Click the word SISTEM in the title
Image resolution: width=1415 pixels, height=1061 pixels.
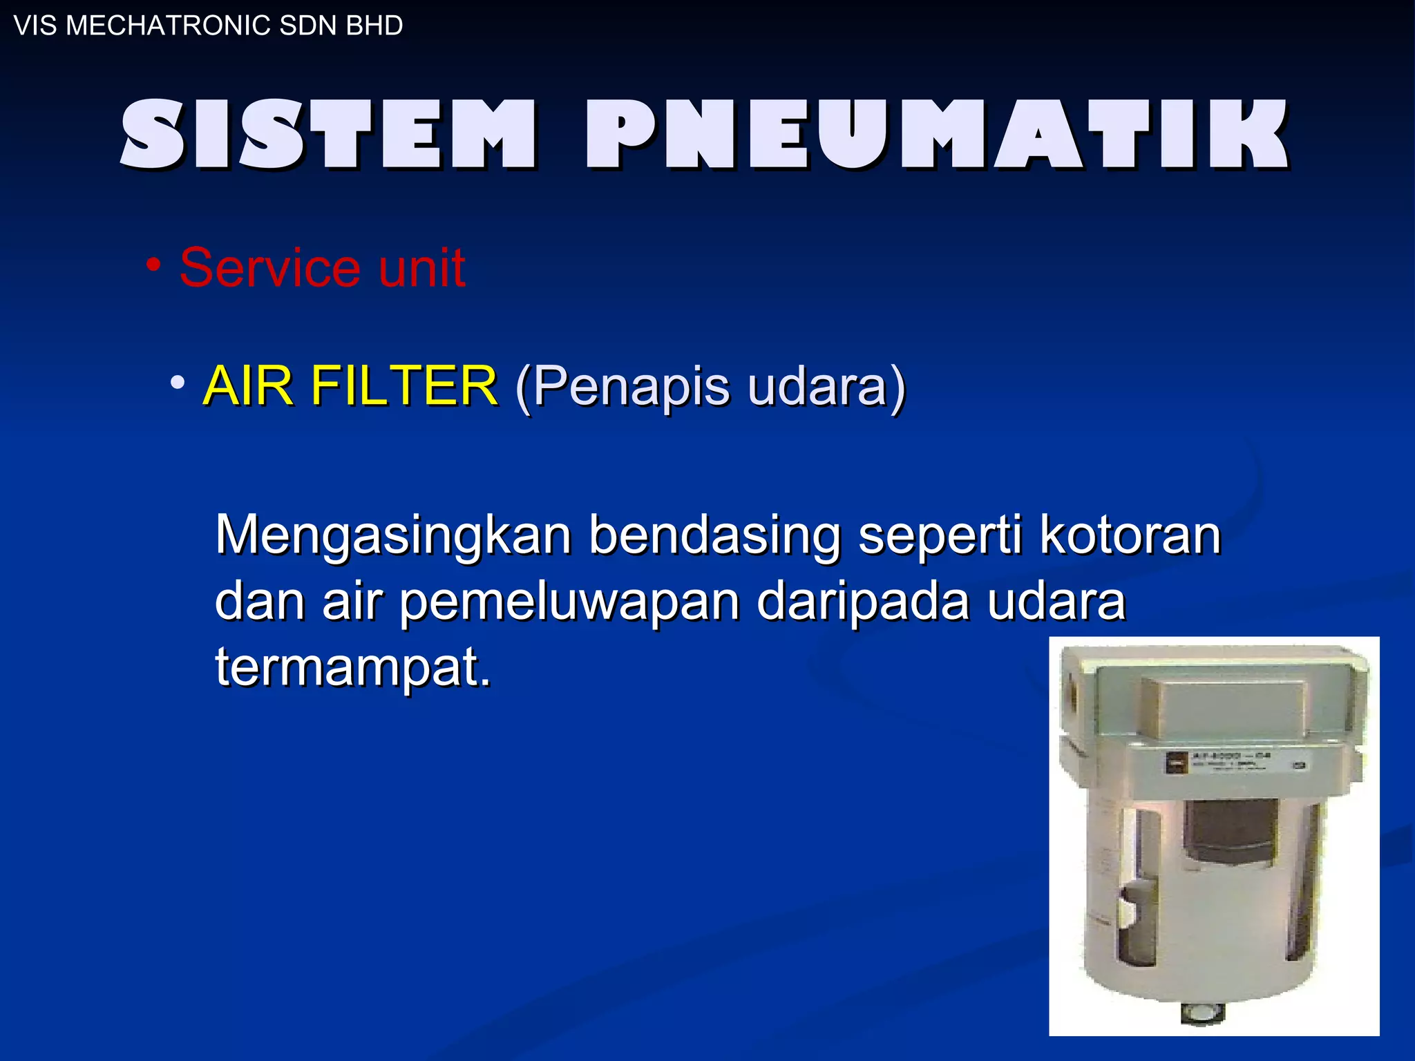point(328,134)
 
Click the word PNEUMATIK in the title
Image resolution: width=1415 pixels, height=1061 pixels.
point(937,134)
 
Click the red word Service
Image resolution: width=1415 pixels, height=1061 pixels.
point(269,268)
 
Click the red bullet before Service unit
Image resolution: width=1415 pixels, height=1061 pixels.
point(153,265)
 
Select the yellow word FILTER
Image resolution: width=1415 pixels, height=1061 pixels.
point(403,385)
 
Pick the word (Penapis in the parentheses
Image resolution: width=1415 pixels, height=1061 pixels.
point(622,387)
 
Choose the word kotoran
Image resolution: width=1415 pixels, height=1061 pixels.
point(1130,535)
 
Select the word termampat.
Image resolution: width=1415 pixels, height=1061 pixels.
point(352,667)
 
